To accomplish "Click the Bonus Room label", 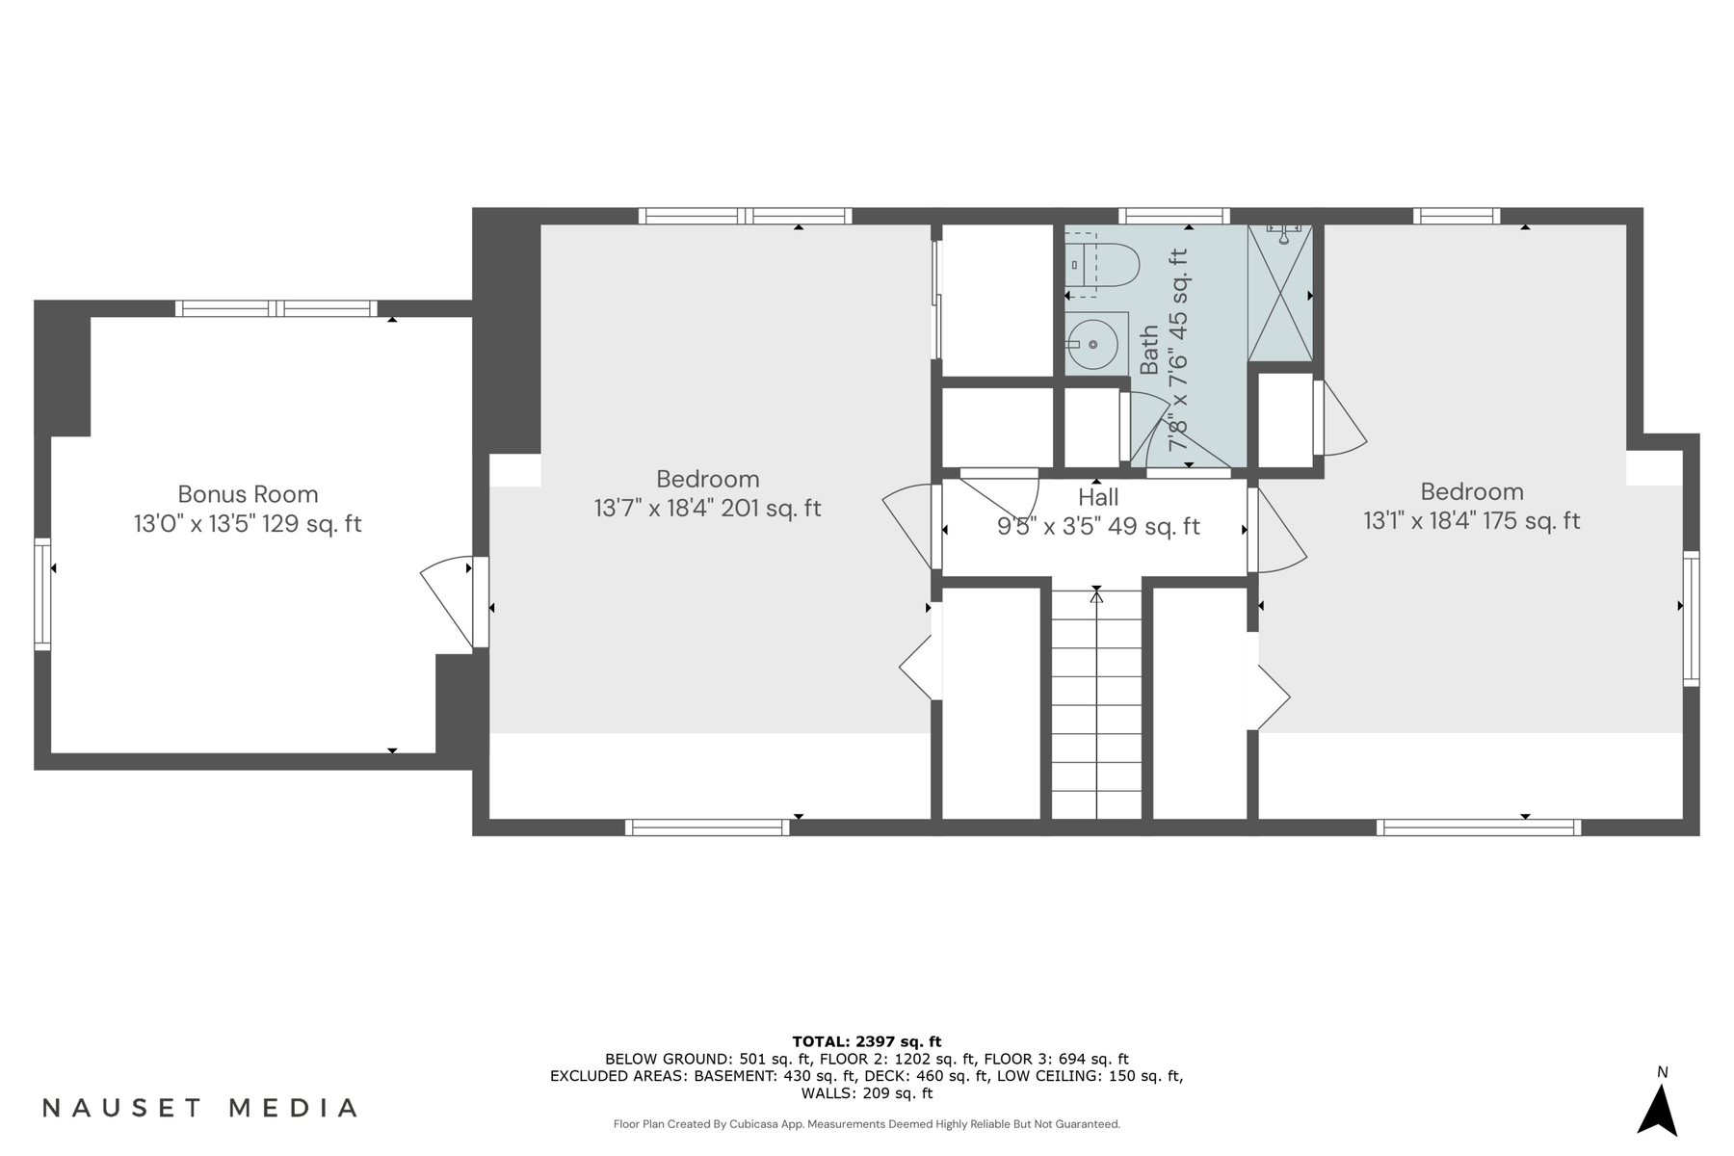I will click(248, 494).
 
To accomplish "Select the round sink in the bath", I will click(1094, 344).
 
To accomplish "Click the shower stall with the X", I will click(1280, 294).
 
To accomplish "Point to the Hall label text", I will click(1098, 497).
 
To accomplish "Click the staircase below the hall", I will click(1096, 703).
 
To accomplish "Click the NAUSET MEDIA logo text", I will click(200, 1108).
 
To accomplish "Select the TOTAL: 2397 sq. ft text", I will click(866, 1041).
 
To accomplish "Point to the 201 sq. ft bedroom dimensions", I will click(707, 508).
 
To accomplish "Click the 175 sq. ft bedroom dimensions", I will click(1471, 521).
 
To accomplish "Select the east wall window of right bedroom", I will click(1691, 617).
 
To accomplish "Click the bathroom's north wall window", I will click(1173, 216).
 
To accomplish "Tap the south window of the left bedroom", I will click(707, 827).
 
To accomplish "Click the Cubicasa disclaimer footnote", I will click(866, 1124).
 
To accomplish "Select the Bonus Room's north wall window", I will click(276, 308).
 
